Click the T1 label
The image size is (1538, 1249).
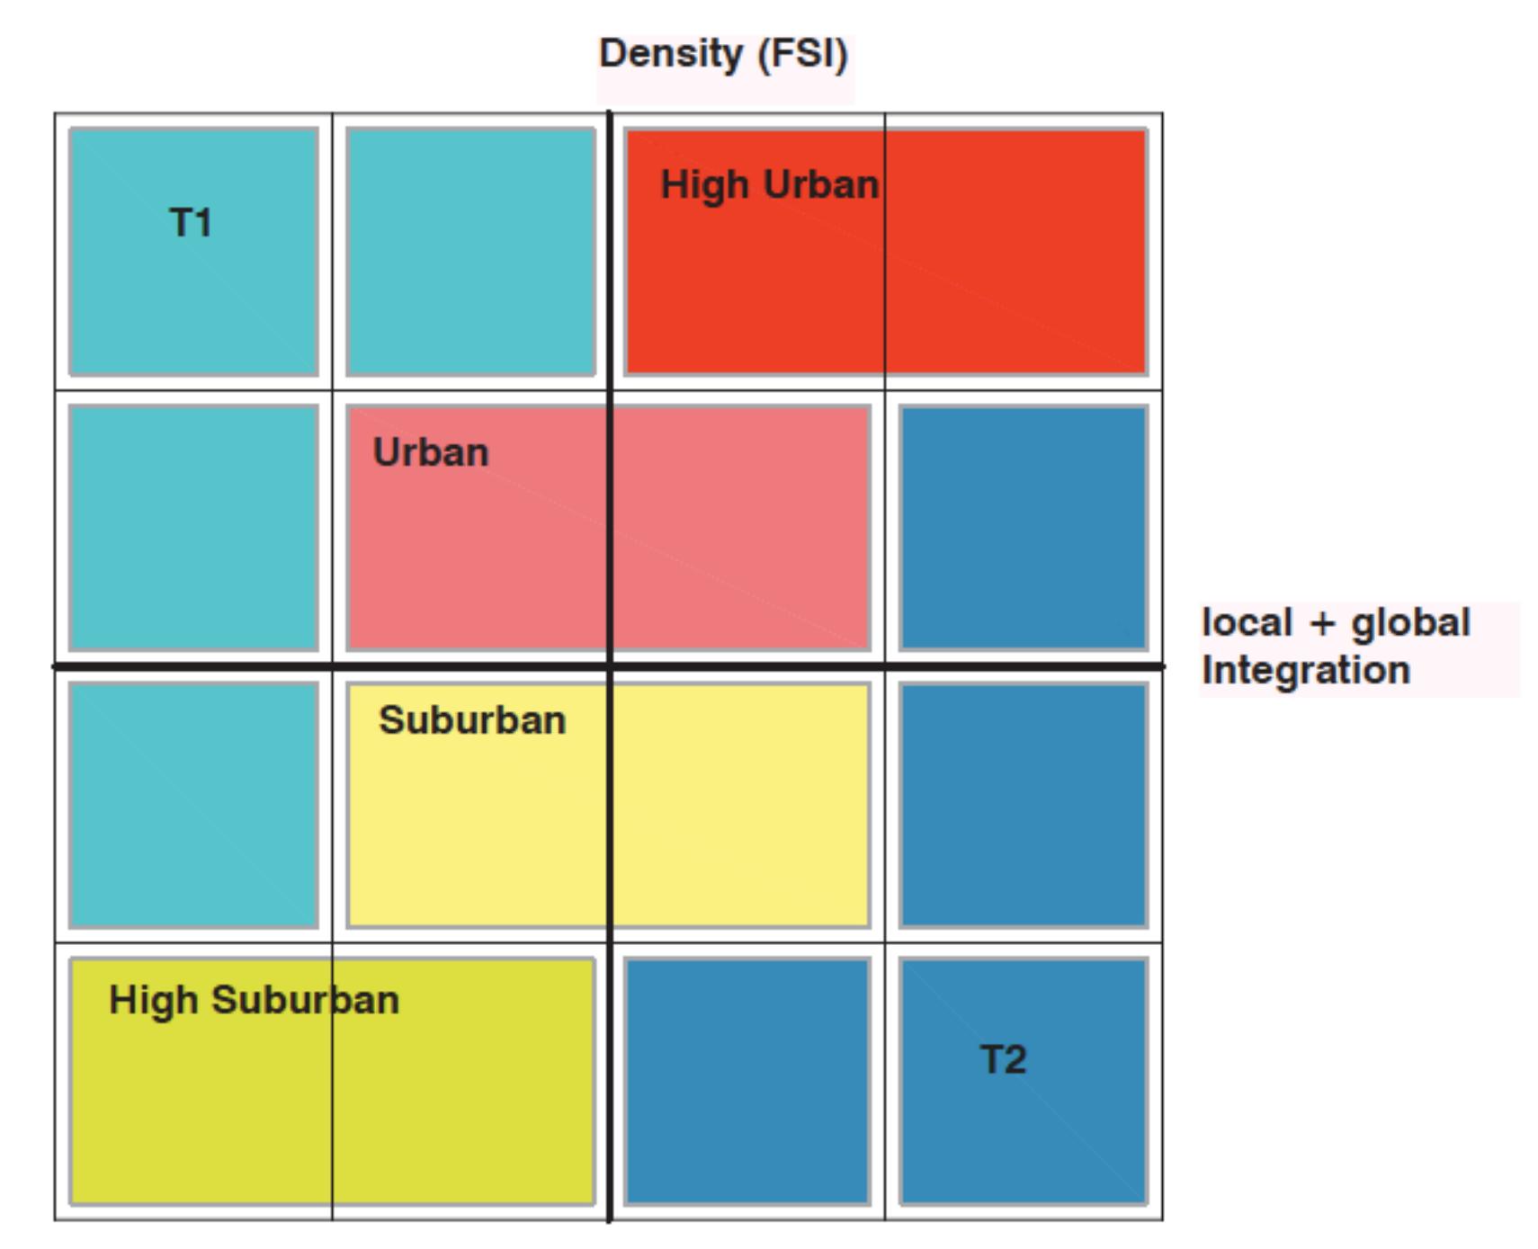point(191,222)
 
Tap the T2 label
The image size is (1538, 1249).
point(1003,1059)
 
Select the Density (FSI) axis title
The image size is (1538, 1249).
point(723,54)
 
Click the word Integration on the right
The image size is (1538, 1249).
point(1306,671)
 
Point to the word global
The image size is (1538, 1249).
point(1410,623)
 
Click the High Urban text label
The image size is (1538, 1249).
point(770,185)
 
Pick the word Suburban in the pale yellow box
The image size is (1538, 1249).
point(472,720)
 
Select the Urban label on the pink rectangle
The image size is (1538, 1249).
point(431,452)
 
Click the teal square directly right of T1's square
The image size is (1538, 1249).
point(470,252)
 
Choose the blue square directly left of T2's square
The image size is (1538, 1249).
point(747,1081)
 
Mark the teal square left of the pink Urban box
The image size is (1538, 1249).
point(193,528)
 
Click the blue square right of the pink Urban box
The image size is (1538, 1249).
point(1024,528)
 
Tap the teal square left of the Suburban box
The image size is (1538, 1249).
point(193,805)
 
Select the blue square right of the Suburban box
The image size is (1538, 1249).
point(1024,805)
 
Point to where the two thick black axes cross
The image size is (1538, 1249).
point(610,666)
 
